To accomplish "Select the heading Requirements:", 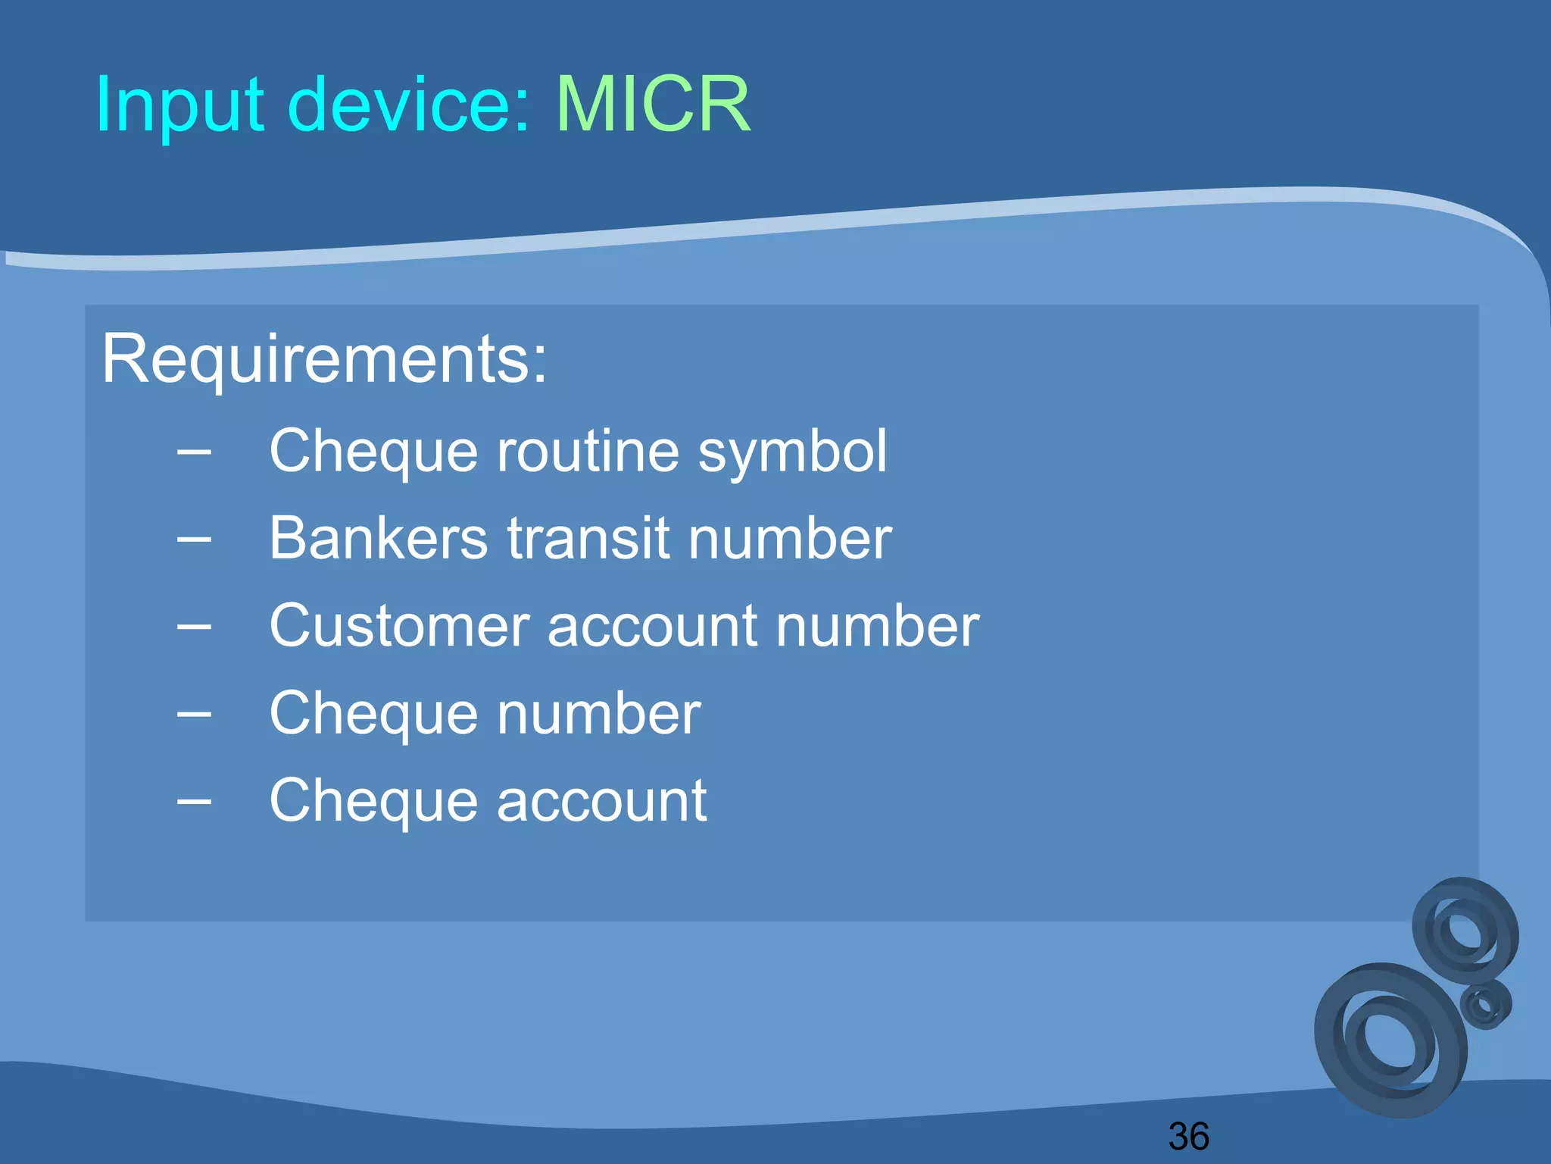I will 324,358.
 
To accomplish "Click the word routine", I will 588,451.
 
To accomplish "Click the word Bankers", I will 379,538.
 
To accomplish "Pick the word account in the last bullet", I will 601,801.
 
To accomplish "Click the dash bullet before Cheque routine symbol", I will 194,452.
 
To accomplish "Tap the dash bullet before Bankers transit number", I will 194,540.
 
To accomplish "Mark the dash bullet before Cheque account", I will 194,802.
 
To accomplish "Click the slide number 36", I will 1188,1136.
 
